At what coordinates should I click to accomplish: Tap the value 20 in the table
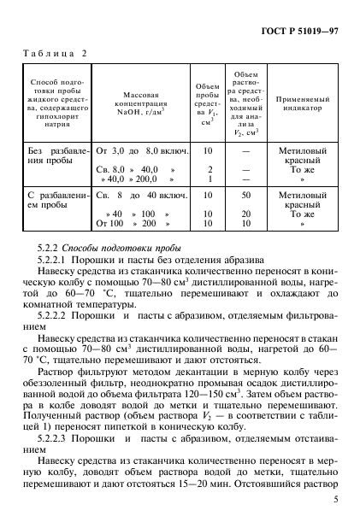(x=245, y=213)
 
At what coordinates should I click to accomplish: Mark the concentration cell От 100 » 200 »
(x=136, y=223)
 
